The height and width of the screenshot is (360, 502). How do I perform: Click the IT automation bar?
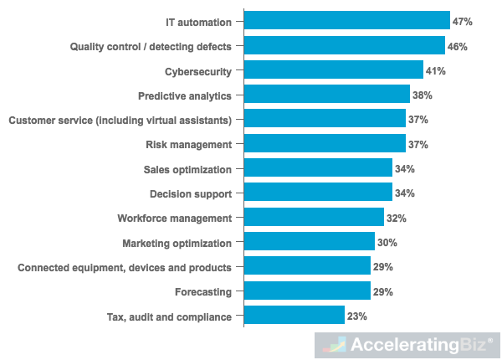point(346,21)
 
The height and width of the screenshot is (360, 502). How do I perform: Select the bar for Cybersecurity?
point(333,70)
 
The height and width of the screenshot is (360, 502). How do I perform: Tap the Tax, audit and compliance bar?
point(294,316)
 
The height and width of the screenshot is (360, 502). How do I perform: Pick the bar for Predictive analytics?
point(326,95)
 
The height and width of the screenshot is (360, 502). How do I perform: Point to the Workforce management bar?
point(313,218)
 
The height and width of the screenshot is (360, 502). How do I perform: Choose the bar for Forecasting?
point(307,291)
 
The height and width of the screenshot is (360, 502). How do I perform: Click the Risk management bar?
point(325,144)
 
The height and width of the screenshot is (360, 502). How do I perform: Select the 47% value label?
point(463,22)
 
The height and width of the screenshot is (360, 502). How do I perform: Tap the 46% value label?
point(458,46)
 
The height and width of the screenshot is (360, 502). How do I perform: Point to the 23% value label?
point(357,316)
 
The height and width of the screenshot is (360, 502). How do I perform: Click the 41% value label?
point(436,71)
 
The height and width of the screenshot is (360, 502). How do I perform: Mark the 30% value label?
point(387,243)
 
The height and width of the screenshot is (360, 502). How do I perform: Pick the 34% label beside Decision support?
point(405,193)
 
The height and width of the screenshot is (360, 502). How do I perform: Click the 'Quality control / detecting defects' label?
point(151,46)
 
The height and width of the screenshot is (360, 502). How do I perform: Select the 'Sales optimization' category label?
point(187,169)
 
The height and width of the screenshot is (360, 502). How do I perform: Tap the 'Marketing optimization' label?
point(177,243)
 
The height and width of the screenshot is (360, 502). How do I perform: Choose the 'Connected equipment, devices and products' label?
point(125,267)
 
